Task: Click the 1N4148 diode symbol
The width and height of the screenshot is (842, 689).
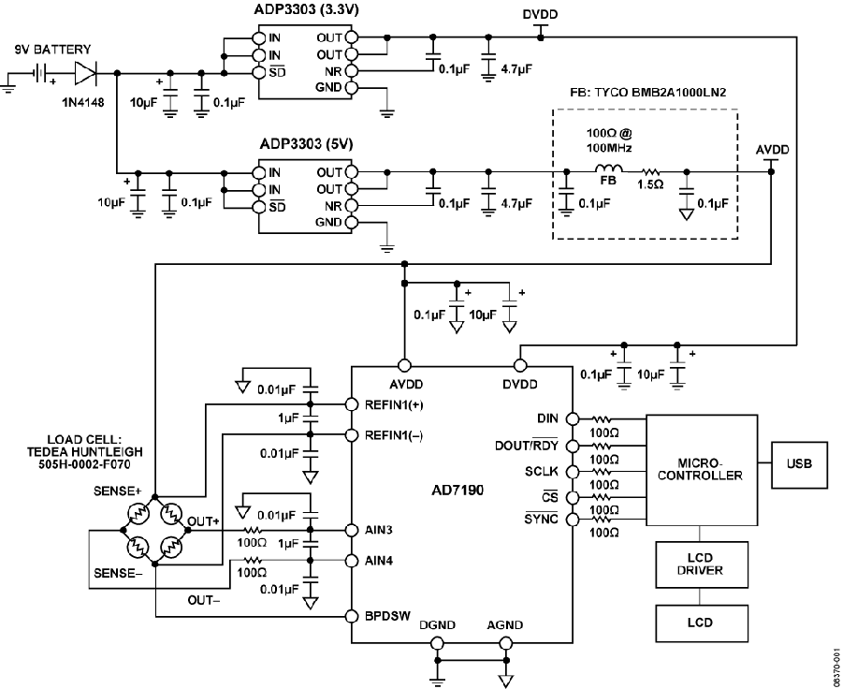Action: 86,73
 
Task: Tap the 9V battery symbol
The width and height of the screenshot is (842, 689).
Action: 40,73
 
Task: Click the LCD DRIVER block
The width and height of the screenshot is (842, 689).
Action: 702,564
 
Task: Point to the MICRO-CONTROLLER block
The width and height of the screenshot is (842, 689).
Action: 702,470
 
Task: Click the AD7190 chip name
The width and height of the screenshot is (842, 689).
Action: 457,491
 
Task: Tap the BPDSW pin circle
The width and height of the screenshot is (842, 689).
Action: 351,616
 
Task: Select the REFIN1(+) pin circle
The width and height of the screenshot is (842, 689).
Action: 351,404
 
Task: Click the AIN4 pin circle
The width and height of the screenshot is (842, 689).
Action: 351,561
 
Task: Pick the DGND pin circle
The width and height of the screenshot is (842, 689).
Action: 438,643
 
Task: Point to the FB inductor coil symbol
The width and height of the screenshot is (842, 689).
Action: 608,169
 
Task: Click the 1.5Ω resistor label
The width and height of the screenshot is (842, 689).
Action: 650,184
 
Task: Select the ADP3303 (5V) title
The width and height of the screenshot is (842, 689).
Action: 307,144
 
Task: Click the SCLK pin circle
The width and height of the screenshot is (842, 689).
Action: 573,471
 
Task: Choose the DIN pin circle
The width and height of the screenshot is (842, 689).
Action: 573,418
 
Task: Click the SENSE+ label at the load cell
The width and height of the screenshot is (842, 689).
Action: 117,491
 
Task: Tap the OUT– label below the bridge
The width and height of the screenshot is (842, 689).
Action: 204,600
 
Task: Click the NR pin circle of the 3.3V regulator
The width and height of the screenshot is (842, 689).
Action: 351,71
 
